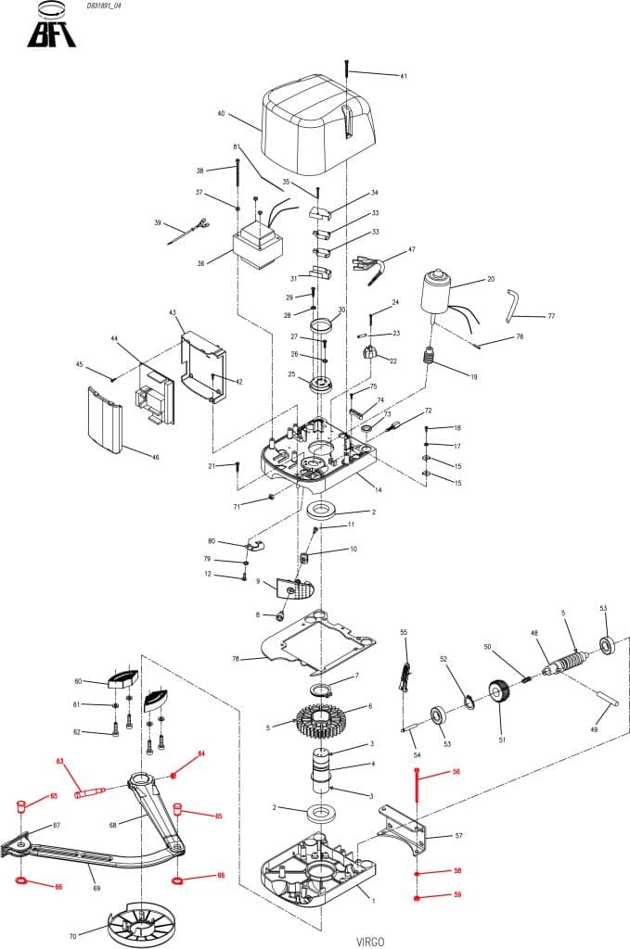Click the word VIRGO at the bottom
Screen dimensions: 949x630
pyautogui.click(x=370, y=941)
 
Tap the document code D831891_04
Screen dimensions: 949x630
pyautogui.click(x=103, y=6)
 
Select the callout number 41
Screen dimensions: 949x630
pyautogui.click(x=404, y=76)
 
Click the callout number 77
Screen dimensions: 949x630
pyautogui.click(x=551, y=316)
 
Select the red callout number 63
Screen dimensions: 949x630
pyautogui.click(x=59, y=762)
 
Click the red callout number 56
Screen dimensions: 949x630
pyautogui.click(x=456, y=771)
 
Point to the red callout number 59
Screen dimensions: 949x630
pyautogui.click(x=456, y=895)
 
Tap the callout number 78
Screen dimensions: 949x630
pyautogui.click(x=236, y=659)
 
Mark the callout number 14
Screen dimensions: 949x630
pyautogui.click(x=379, y=488)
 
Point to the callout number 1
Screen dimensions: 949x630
pyautogui.click(x=373, y=900)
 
